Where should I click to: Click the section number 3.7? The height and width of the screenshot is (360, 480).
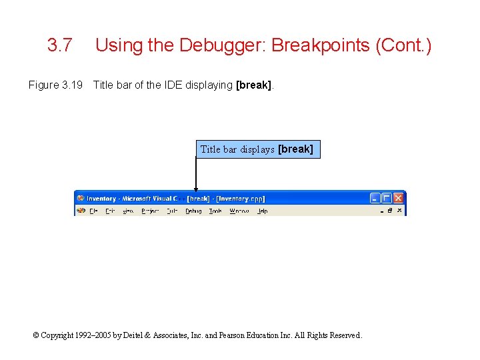60,46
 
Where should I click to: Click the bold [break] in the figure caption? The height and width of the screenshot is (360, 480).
254,85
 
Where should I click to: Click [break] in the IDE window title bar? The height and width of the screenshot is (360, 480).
199,199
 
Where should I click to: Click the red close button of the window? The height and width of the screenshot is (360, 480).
398,198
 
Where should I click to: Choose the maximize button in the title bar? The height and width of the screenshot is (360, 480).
387,198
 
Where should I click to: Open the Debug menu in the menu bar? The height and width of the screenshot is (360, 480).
193,211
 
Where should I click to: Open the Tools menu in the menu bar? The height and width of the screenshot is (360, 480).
215,211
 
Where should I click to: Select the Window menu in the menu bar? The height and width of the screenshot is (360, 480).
239,211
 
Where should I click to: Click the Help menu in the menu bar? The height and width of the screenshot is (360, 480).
263,211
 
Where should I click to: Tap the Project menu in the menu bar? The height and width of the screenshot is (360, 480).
150,211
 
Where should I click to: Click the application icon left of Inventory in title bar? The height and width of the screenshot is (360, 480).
81,198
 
